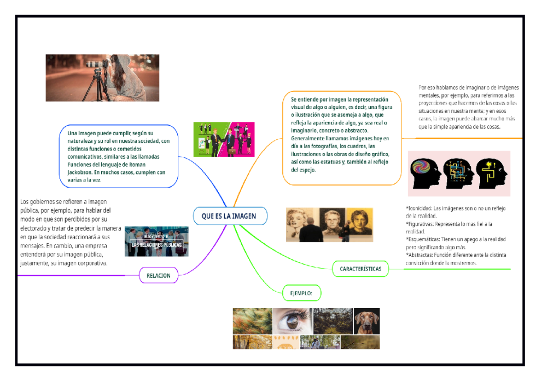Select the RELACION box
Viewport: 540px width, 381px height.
click(158, 275)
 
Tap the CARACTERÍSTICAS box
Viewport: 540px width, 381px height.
click(361, 269)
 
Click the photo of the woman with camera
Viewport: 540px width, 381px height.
click(102, 78)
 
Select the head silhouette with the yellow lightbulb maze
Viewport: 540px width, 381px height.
click(491, 173)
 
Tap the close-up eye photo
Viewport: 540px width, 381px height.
click(291, 321)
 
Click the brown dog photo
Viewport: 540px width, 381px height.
click(366, 321)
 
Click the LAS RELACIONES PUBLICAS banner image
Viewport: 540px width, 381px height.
click(156, 242)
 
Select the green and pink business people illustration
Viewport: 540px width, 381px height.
click(224, 139)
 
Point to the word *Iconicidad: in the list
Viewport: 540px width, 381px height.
click(420, 208)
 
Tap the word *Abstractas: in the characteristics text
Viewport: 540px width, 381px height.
click(420, 255)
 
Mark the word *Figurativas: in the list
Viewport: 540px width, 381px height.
click(421, 224)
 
